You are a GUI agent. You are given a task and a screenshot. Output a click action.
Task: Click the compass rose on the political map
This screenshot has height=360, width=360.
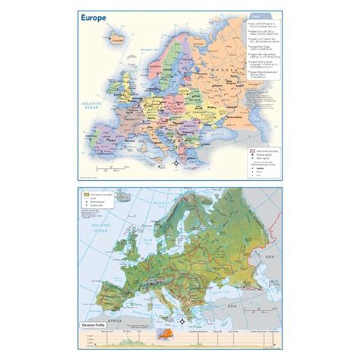(x=176, y=161)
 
